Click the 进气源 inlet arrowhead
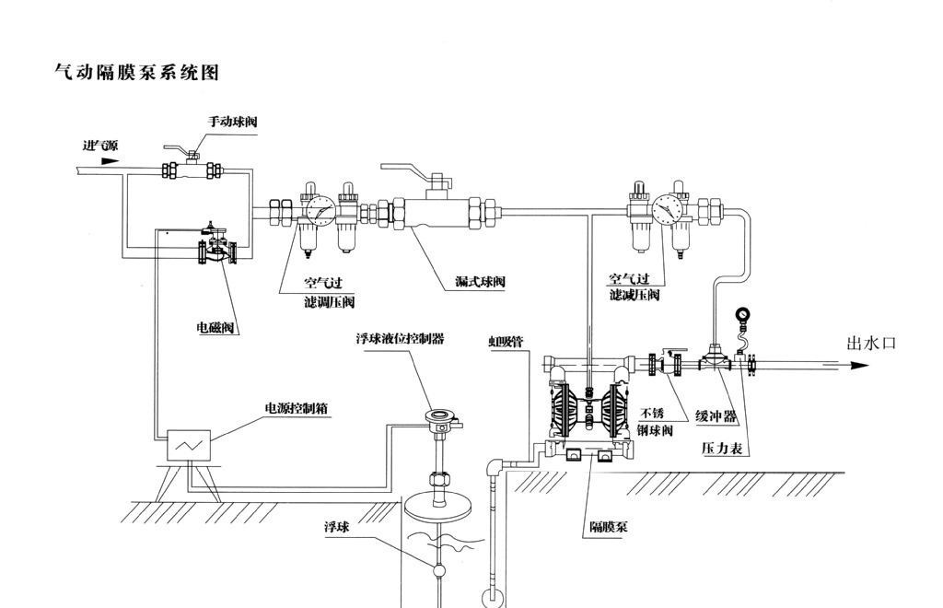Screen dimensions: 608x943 [x=110, y=160]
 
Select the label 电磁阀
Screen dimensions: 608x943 [x=215, y=327]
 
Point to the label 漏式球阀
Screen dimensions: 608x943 [x=481, y=281]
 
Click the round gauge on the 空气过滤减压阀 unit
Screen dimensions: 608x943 [x=663, y=209]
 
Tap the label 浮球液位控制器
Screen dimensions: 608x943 [x=400, y=339]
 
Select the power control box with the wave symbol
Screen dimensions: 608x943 [x=188, y=446]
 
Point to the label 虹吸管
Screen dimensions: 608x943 [x=506, y=341]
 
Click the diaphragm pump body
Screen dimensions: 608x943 [x=586, y=406]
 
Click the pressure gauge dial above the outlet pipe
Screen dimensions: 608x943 [x=742, y=316]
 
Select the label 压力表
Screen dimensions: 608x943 [x=723, y=449]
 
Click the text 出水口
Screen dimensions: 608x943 [x=870, y=344]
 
